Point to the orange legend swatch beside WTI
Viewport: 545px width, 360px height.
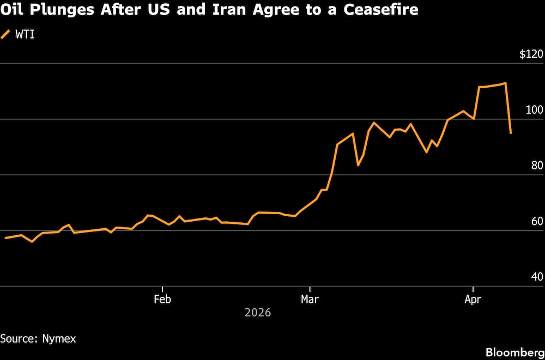(6, 35)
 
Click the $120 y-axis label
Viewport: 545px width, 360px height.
(531, 55)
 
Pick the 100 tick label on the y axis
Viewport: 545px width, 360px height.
(535, 111)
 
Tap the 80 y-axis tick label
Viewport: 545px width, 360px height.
(537, 166)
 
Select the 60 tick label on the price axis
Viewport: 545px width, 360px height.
(537, 222)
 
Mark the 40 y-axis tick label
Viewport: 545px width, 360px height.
(537, 277)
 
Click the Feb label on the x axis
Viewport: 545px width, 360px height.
(162, 299)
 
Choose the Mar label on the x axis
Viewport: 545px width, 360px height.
(310, 299)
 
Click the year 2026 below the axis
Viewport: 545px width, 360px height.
(258, 313)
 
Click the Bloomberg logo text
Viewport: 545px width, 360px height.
(512, 351)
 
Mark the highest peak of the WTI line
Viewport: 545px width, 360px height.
(506, 83)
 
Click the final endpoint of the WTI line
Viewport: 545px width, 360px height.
(511, 133)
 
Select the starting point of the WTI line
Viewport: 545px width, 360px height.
(5, 238)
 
